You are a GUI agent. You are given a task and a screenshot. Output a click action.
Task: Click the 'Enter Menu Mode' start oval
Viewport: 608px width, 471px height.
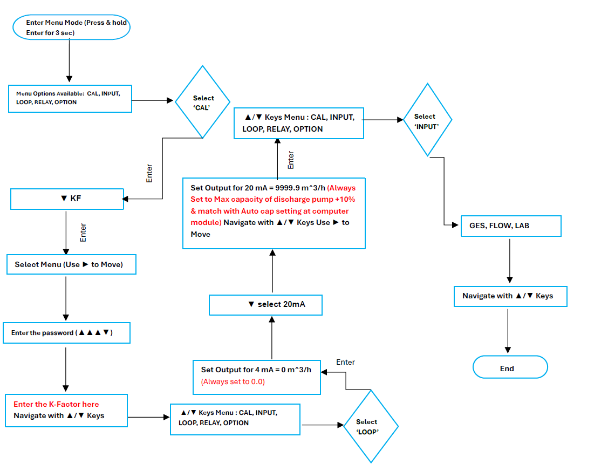(x=71, y=28)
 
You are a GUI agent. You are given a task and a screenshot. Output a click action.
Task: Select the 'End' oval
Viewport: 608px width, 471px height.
(x=510, y=368)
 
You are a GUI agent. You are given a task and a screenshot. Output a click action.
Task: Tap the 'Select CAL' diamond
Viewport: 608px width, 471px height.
(x=203, y=102)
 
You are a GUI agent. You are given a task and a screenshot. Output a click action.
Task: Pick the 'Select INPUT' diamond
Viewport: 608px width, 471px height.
(x=427, y=120)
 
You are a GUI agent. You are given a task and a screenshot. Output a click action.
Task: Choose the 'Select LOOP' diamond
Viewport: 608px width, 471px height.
(x=371, y=426)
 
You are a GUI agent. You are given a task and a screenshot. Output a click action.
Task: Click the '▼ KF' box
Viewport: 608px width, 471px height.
(x=67, y=199)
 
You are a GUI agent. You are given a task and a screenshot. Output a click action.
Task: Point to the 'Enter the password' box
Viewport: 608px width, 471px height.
(x=66, y=333)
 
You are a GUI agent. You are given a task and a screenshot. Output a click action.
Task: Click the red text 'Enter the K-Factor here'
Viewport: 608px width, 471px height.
(x=56, y=404)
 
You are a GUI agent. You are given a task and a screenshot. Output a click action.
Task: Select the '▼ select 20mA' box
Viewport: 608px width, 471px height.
(x=266, y=304)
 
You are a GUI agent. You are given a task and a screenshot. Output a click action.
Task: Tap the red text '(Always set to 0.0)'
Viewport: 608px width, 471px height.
(x=233, y=381)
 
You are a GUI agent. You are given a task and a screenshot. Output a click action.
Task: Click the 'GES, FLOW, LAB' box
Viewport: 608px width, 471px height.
(x=510, y=226)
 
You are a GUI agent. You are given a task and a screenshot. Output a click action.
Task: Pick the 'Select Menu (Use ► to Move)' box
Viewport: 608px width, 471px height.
(x=71, y=264)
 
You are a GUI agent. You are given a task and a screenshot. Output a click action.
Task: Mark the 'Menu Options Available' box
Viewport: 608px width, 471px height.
(x=70, y=98)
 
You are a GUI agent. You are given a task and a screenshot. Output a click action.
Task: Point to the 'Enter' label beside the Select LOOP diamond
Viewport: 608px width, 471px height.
(x=345, y=362)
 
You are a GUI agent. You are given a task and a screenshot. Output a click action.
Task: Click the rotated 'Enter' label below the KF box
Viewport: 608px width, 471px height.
(x=83, y=232)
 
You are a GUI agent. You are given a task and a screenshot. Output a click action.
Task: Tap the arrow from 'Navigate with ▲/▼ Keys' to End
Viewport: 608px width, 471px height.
(x=508, y=331)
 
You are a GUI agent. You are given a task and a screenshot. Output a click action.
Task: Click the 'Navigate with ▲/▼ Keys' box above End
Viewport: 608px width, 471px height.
(x=510, y=296)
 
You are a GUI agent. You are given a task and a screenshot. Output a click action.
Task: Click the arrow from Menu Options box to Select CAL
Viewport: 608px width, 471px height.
(x=153, y=100)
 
